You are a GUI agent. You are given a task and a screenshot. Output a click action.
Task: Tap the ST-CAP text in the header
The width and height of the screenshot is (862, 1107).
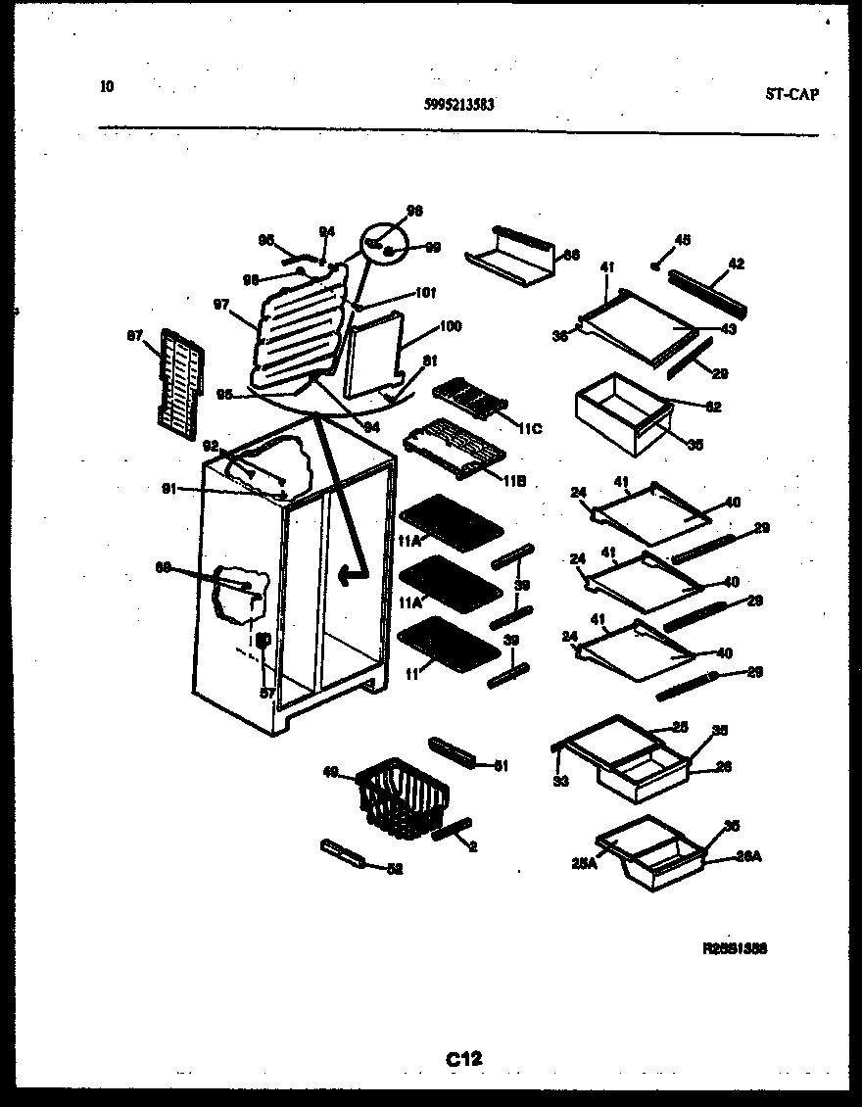791,95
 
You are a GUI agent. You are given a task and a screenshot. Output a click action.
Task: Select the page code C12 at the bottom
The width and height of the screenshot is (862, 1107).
464,1058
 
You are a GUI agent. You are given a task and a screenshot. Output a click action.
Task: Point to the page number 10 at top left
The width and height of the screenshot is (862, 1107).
106,86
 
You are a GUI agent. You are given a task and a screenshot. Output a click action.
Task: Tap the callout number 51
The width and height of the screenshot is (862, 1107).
501,766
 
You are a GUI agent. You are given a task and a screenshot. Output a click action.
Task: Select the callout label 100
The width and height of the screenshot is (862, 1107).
450,326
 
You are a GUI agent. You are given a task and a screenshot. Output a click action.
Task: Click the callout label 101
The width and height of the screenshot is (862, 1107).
425,292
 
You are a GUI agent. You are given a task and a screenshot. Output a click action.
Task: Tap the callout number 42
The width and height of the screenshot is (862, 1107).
737,263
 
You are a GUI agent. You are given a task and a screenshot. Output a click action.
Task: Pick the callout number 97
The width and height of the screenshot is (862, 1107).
221,305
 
